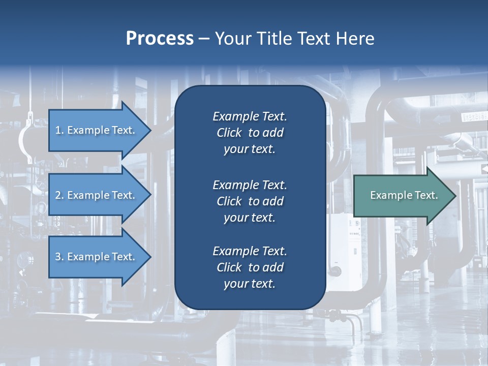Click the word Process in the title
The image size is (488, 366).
[160, 39]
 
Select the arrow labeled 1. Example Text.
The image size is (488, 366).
[97, 130]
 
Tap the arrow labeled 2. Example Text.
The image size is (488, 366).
[97, 195]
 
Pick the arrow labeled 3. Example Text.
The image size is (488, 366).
[97, 257]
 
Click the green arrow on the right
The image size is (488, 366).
[402, 195]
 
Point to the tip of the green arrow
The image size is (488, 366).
[455, 196]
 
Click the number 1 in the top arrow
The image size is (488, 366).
[58, 130]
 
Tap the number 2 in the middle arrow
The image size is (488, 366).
[58, 195]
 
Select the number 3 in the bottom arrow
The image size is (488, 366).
[58, 257]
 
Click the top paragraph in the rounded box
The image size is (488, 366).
[250, 133]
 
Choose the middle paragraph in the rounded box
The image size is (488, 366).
[250, 201]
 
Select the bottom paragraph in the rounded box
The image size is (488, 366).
[250, 267]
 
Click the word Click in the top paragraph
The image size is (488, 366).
[229, 133]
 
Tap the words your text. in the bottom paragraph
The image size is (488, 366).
[250, 284]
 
